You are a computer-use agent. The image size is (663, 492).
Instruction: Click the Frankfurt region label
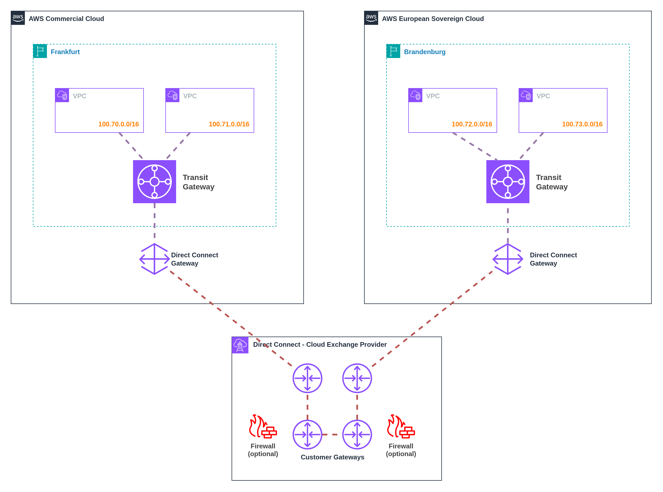[x=65, y=52]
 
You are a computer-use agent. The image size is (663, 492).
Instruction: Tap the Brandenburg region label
[x=425, y=52]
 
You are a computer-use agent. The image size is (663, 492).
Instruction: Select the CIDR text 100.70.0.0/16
[x=118, y=124]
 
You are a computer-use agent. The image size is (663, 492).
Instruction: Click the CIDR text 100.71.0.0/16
[x=229, y=124]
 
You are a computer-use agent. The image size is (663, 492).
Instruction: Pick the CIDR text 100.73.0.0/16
[x=582, y=124]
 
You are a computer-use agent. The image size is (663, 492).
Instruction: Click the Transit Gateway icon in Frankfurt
[x=155, y=182]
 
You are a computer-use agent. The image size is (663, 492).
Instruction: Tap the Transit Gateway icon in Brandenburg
[x=508, y=182]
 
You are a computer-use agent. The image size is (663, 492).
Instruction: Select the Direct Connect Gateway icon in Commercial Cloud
[x=155, y=259]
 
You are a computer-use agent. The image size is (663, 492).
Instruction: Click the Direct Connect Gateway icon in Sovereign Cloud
[x=508, y=259]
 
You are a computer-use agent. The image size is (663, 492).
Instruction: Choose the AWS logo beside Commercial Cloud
[x=18, y=18]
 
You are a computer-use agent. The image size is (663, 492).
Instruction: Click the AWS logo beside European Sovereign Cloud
[x=371, y=18]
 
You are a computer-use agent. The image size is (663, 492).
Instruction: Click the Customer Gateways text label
[x=332, y=457]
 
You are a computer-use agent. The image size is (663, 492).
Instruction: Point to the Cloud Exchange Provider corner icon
[x=240, y=345]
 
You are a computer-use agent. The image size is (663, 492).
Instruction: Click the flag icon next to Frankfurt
[x=40, y=51]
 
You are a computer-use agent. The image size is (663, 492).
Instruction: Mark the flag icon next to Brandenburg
[x=393, y=51]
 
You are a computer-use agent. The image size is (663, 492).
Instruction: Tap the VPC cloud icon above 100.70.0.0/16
[x=62, y=95]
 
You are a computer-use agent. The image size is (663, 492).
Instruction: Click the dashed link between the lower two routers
[x=332, y=435]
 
